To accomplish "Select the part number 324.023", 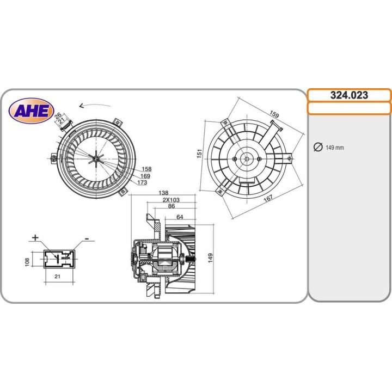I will pos(349,95).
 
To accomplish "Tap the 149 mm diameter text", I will pos(334,148).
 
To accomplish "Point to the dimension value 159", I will pos(275,115).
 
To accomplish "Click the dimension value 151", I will pos(200,155).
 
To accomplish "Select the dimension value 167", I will pos(268,198).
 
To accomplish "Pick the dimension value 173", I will pos(143,182).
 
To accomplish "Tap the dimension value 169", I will pos(145,176).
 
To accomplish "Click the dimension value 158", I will pos(146,169).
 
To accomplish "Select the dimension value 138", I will pos(163,193).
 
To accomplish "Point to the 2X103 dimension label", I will pos(171,200).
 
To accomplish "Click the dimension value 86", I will pos(171,207).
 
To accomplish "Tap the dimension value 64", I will pos(180,217).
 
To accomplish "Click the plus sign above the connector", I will pos(36,237).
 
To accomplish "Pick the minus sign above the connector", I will pos(86,239).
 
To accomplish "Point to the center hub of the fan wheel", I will pos(95,158).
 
